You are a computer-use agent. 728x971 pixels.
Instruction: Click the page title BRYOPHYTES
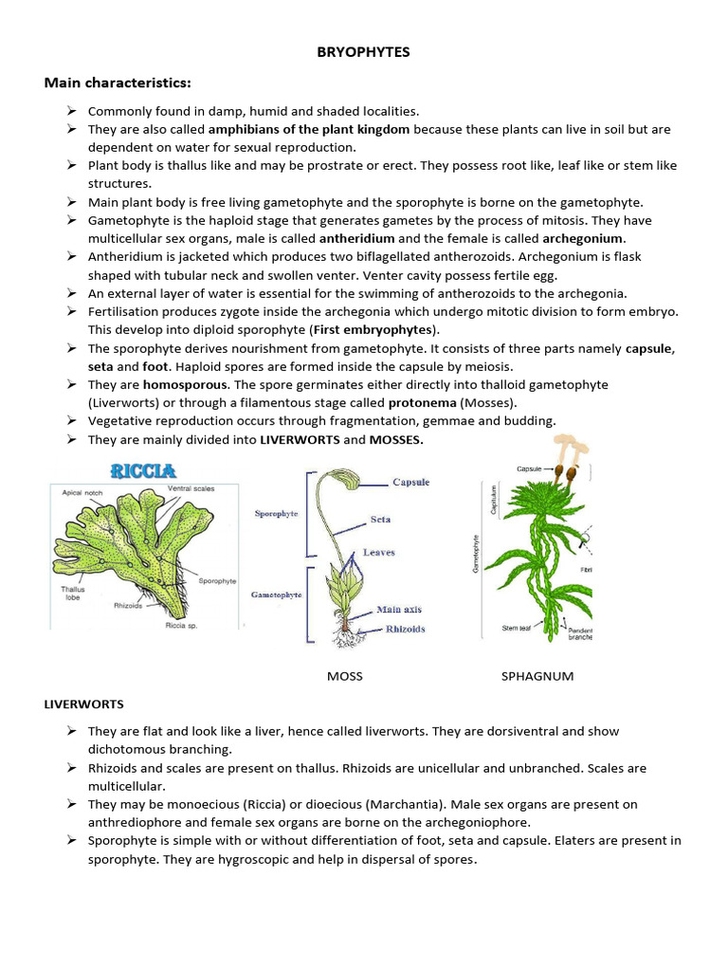(363, 52)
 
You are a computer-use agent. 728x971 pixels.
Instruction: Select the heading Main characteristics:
(118, 82)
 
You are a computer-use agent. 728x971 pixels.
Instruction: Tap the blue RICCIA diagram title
(142, 468)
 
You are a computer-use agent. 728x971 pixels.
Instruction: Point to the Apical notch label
(82, 493)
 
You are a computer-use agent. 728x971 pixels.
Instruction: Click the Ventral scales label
(191, 487)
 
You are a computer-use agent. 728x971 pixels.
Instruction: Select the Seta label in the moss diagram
(380, 519)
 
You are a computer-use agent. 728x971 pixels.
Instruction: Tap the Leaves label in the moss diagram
(379, 552)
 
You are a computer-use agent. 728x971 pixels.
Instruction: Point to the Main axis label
(400, 610)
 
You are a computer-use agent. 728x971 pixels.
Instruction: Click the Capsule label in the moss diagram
(410, 482)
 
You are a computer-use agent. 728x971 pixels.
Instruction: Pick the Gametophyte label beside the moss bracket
(276, 594)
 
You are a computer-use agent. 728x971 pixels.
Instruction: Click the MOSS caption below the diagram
(344, 676)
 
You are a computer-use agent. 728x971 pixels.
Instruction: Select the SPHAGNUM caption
(537, 676)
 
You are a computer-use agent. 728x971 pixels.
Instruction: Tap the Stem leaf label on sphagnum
(517, 628)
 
